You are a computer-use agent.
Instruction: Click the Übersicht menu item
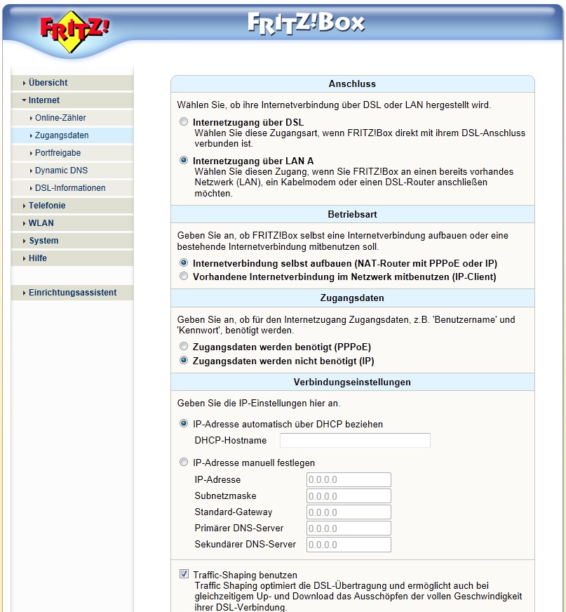(48, 83)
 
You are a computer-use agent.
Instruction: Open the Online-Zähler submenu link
(60, 118)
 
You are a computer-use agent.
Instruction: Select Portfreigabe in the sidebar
(58, 153)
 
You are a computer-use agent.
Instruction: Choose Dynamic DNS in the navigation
(61, 171)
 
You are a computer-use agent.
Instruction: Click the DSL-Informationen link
(70, 188)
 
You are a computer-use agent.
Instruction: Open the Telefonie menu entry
(47, 206)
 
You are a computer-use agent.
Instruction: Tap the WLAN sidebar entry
(41, 223)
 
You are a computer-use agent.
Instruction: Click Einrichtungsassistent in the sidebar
(72, 293)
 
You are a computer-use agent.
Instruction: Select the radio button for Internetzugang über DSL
(184, 121)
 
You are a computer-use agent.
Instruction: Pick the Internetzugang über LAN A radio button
(184, 160)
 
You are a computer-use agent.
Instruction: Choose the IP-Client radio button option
(184, 277)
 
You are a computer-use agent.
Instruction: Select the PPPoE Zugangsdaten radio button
(184, 347)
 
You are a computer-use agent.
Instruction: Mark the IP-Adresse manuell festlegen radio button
(184, 463)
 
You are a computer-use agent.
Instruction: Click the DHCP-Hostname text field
(355, 440)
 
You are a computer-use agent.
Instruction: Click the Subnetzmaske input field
(349, 496)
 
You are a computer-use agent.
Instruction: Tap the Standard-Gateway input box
(349, 512)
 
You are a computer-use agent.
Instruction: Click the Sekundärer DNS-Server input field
(349, 545)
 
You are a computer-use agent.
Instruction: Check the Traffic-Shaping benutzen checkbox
(184, 574)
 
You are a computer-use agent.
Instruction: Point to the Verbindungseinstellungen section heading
(352, 382)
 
